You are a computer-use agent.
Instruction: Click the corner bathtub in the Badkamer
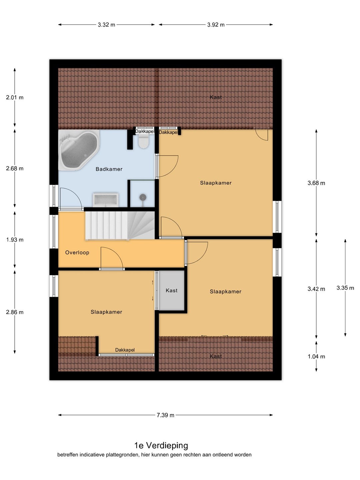79,150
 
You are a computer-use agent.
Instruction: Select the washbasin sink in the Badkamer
106,200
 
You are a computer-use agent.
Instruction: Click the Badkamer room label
109,169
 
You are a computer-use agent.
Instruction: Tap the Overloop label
77,253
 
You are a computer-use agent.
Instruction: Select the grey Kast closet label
172,290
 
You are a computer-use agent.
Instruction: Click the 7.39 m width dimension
165,415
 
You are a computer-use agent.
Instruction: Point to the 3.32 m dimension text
106,25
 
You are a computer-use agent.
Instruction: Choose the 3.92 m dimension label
216,25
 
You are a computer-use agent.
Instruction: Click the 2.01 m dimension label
15,98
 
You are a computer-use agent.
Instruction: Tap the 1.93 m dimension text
15,240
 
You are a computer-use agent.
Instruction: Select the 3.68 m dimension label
316,183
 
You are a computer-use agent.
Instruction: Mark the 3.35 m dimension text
345,288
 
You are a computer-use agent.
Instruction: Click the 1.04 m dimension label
316,357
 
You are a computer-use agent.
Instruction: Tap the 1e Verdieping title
161,445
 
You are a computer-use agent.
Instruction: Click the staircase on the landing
120,226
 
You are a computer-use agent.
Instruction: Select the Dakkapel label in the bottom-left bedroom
125,350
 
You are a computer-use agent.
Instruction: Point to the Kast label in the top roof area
216,97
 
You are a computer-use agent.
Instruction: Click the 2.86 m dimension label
15,312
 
